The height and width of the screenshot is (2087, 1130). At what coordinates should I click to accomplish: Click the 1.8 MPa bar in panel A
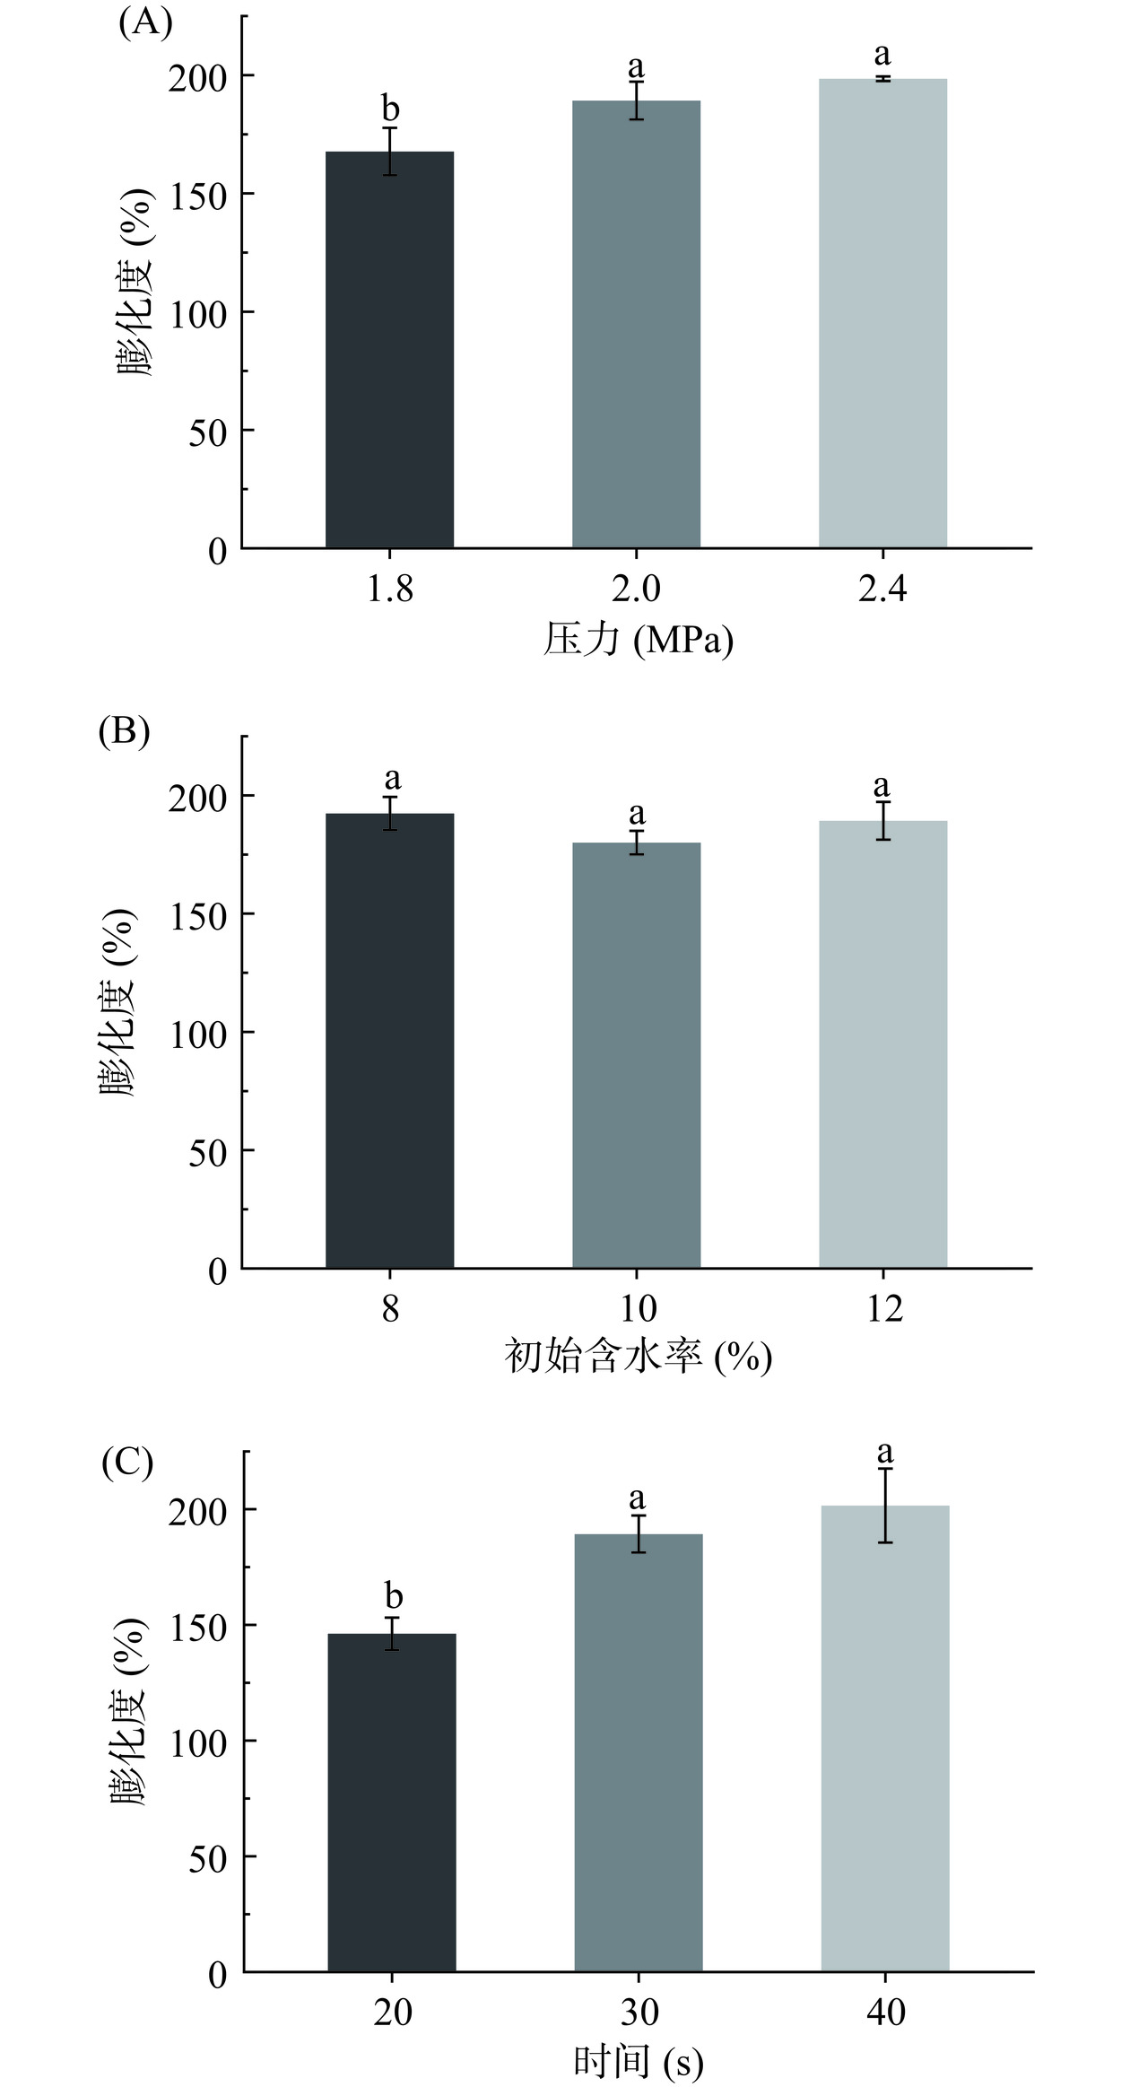click(389, 350)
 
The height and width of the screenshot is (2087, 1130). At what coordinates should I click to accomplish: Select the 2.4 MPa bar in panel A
click(882, 314)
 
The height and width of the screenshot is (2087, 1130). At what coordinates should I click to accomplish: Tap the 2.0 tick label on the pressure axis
click(636, 589)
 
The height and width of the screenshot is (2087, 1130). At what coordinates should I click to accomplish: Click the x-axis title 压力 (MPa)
click(638, 642)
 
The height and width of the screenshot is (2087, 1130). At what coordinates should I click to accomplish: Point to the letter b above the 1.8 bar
click(390, 109)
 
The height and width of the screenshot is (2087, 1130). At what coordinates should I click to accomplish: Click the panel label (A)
click(144, 22)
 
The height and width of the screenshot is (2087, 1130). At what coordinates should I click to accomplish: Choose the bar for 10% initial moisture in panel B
click(636, 1055)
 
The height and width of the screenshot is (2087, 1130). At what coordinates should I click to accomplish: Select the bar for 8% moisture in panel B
click(389, 1041)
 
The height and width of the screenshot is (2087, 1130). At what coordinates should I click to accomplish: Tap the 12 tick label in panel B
click(884, 1309)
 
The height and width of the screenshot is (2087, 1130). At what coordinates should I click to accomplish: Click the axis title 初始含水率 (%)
click(638, 1358)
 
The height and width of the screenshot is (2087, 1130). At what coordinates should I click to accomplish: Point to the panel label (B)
click(124, 732)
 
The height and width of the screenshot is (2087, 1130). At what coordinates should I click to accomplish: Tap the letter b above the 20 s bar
click(393, 1596)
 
